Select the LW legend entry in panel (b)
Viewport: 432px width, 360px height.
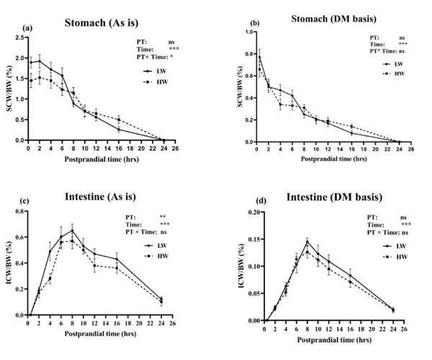point(396,64)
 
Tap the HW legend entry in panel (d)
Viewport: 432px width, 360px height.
point(396,256)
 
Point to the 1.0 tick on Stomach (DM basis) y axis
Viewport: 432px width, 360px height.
point(246,32)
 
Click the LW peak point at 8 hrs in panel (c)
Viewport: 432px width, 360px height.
point(73,231)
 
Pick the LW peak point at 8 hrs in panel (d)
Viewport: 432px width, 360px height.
point(307,242)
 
